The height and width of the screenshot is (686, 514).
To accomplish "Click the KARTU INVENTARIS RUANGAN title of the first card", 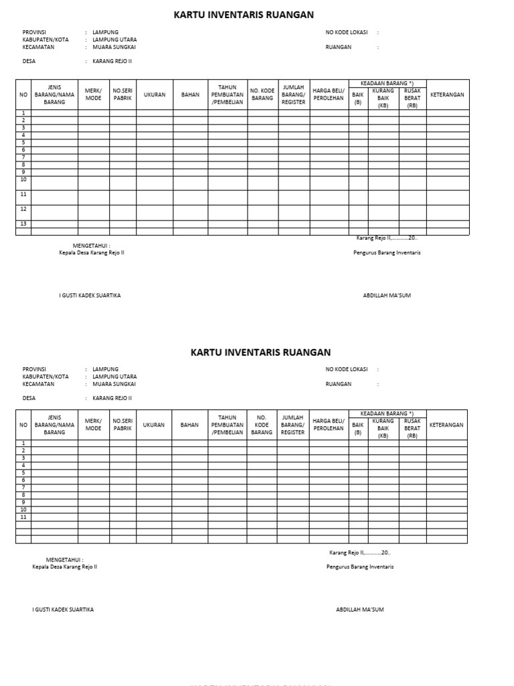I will (244, 15).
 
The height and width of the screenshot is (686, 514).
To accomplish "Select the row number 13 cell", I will (23, 224).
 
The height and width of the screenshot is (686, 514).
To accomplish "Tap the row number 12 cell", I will (23, 209).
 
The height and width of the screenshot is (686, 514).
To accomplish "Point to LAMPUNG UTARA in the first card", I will (114, 40).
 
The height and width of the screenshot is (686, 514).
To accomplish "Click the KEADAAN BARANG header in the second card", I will (387, 413).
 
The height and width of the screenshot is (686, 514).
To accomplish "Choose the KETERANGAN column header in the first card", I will (447, 95).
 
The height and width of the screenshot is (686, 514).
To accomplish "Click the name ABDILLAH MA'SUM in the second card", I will (359, 610).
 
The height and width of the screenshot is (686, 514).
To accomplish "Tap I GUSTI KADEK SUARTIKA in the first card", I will (90, 295).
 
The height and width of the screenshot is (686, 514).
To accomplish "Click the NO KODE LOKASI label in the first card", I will (347, 32).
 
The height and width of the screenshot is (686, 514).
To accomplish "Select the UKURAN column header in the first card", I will (155, 95).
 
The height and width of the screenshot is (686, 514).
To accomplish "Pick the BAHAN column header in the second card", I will (189, 425).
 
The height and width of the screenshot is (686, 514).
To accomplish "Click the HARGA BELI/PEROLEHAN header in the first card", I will (328, 94).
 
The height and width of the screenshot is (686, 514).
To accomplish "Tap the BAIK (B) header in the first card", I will (357, 98).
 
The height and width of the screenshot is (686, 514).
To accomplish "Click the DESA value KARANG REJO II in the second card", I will (112, 398).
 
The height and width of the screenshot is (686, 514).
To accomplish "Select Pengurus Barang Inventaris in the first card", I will (387, 253).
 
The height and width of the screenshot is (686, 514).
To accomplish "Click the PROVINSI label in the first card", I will (35, 32).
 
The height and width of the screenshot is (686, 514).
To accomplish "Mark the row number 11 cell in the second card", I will (23, 517).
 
